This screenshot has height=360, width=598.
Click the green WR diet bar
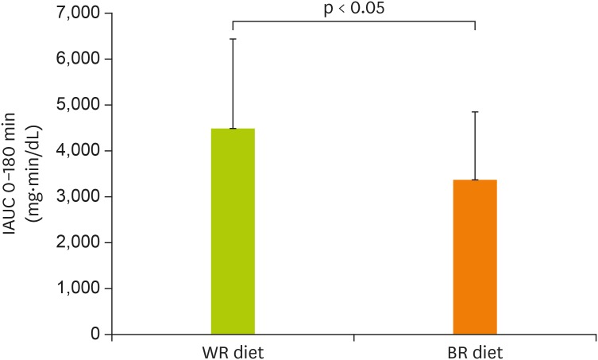[233, 231]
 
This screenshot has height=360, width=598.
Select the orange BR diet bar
[475, 257]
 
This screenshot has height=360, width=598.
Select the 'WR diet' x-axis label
[232, 352]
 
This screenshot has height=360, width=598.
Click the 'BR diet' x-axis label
[475, 352]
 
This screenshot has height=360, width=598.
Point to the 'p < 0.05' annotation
[353, 9]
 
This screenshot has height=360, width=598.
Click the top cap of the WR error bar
[233, 39]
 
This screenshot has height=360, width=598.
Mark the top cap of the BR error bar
[475, 112]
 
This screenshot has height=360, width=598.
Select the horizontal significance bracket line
[353, 21]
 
